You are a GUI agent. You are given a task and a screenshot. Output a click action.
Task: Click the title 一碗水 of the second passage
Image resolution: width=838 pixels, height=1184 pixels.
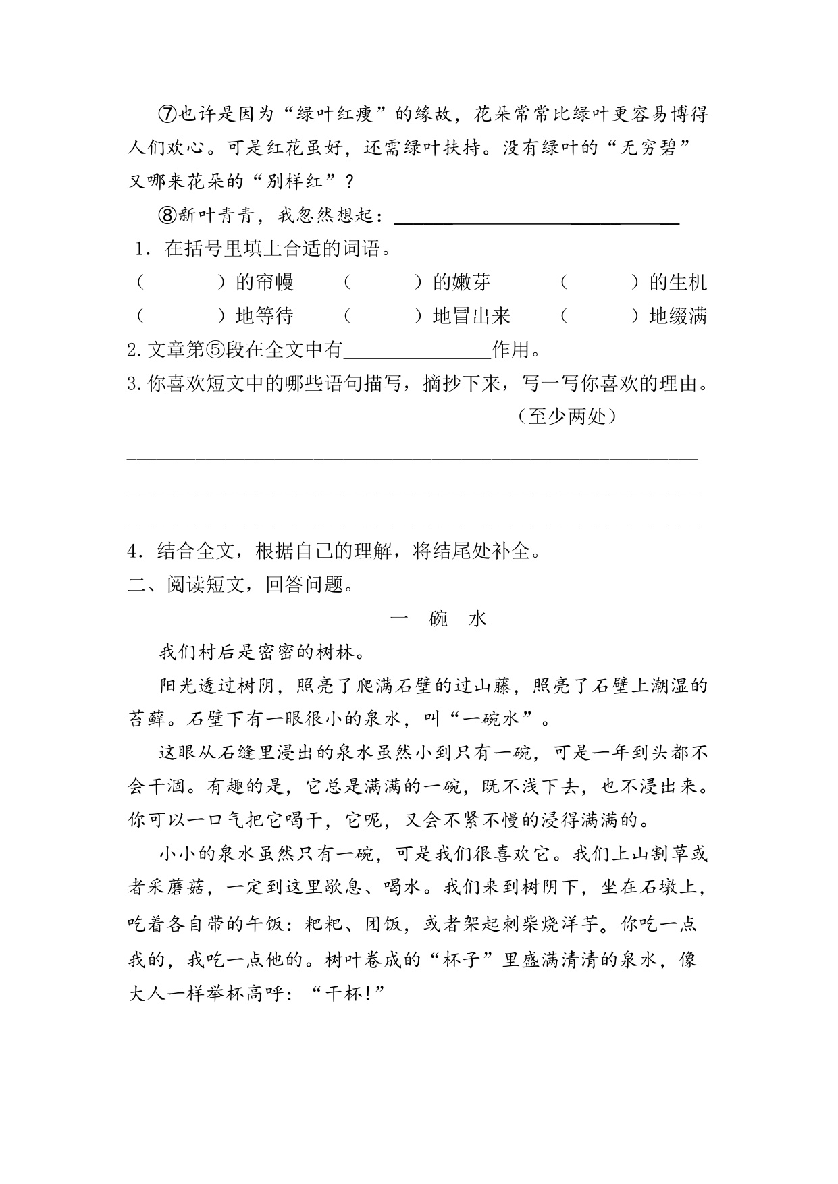click(x=439, y=618)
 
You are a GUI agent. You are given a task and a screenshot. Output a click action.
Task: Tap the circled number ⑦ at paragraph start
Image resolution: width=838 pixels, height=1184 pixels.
click(x=167, y=114)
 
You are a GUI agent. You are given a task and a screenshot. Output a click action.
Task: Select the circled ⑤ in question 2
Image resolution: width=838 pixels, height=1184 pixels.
click(x=213, y=350)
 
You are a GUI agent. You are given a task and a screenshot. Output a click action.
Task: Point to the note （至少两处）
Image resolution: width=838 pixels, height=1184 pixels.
click(x=567, y=416)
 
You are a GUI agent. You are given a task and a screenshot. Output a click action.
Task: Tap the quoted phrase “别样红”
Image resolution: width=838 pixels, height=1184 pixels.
click(x=289, y=182)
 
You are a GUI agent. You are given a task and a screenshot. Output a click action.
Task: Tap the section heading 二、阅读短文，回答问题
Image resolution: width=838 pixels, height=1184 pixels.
click(x=241, y=585)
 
